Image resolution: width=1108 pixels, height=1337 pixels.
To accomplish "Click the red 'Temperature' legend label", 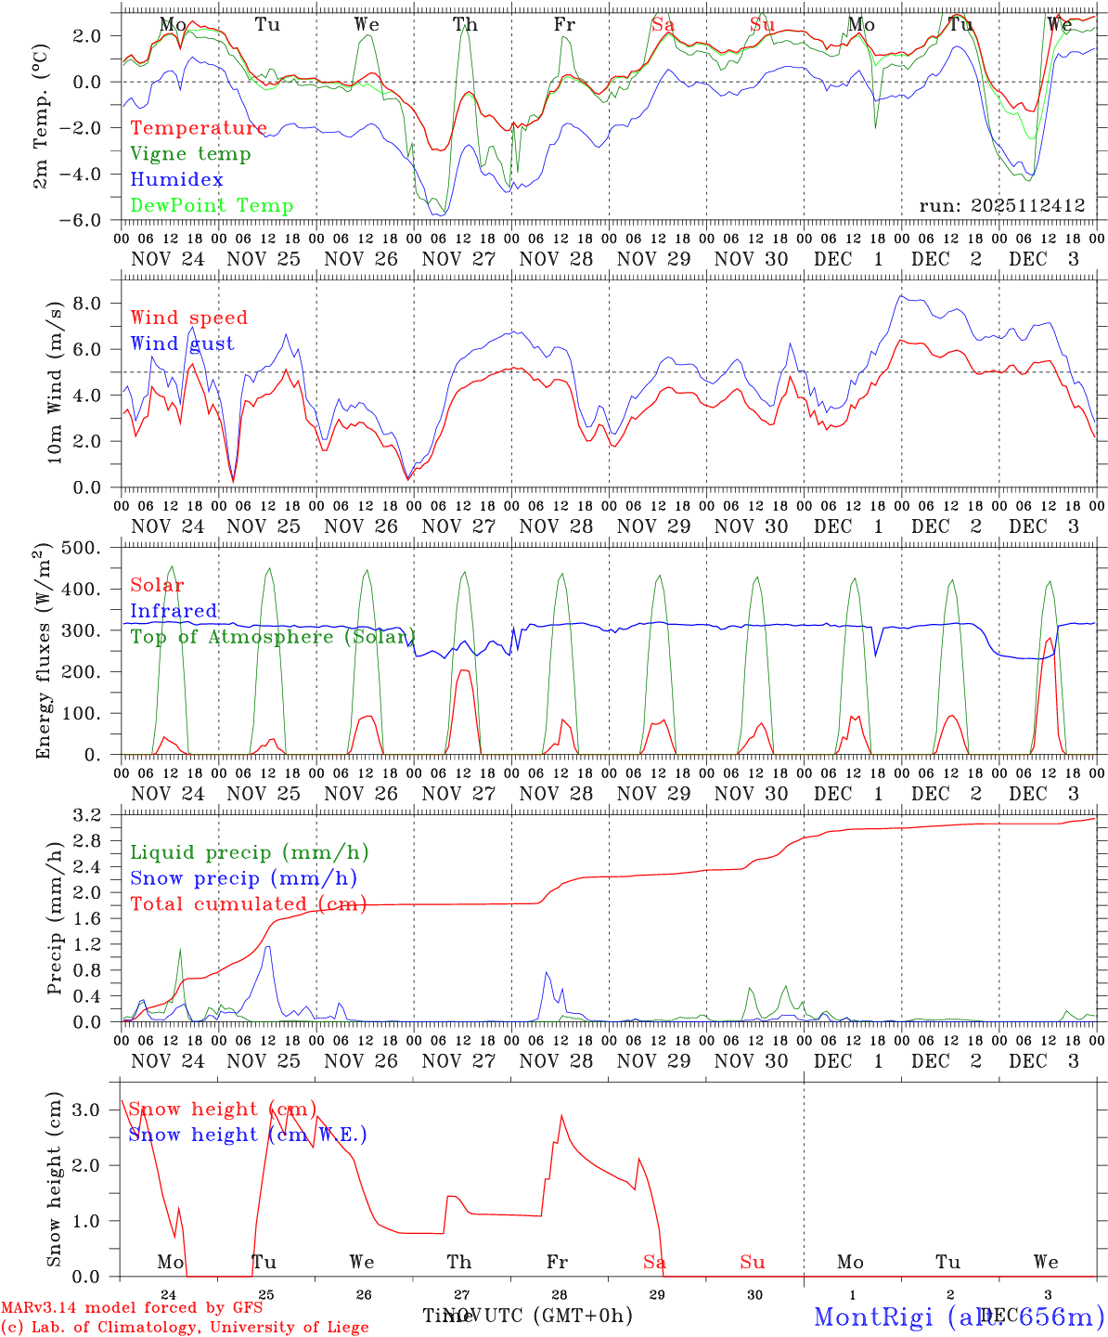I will tap(199, 128).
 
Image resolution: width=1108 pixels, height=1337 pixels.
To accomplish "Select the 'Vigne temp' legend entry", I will tap(190, 154).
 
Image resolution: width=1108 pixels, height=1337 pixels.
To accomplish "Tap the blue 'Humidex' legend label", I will tap(176, 180).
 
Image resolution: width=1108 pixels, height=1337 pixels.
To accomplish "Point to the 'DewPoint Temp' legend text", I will tap(212, 206).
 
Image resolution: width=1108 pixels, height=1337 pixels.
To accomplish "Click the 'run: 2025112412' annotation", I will tap(1002, 206).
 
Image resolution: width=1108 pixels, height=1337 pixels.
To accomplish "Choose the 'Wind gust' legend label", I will tap(182, 344).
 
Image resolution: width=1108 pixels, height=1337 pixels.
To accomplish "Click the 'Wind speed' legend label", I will tap(189, 318).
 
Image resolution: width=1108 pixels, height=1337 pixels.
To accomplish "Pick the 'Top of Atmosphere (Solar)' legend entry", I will tap(272, 637).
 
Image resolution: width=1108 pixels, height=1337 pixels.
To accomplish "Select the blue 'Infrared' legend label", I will tap(174, 611).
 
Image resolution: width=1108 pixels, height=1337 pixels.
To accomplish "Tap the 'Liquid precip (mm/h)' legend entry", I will tap(249, 852).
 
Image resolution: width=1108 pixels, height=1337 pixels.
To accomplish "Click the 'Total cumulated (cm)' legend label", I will tap(248, 904).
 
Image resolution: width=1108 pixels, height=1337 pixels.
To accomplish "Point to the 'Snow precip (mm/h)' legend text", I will tap(243, 878).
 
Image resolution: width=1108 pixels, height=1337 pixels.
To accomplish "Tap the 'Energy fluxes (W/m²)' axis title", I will tap(43, 653).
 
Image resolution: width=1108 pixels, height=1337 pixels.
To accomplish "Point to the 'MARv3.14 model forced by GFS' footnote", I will tap(132, 1308).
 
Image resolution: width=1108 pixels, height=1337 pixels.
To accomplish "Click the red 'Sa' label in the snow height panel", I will tap(655, 1262).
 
